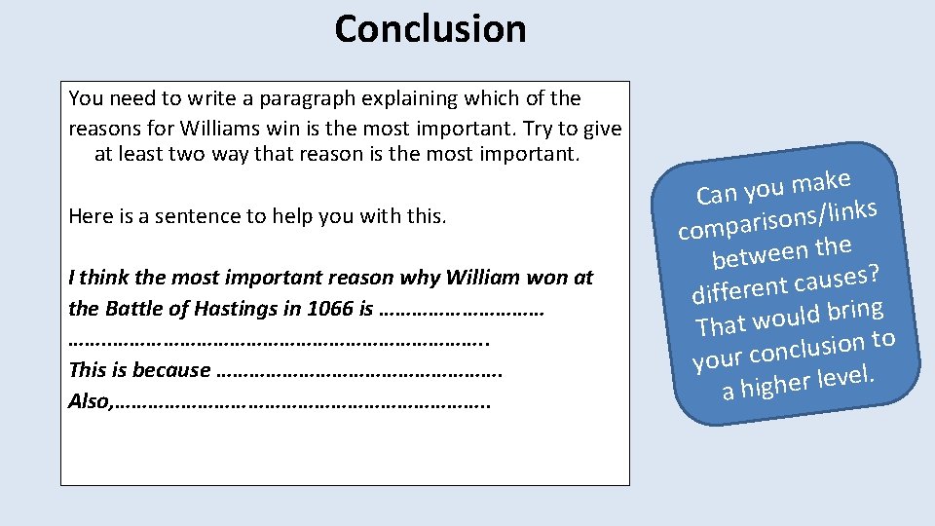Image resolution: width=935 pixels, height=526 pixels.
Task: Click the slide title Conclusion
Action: pyautogui.click(x=430, y=29)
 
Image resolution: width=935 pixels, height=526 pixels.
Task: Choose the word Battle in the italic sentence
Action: pyautogui.click(x=132, y=309)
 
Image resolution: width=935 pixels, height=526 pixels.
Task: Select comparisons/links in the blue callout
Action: pyautogui.click(x=778, y=219)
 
